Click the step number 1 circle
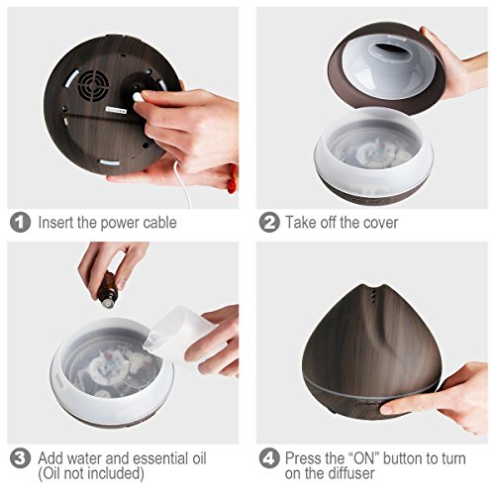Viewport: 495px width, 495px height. click(20, 222)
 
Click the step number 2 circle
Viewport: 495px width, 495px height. click(269, 222)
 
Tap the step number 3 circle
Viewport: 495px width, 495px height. click(20, 458)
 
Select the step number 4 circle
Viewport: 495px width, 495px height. click(269, 458)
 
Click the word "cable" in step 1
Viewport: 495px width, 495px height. click(159, 223)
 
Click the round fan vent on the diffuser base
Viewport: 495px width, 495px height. click(94, 85)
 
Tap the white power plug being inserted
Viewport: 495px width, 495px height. click(137, 97)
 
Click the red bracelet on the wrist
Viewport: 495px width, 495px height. click(233, 180)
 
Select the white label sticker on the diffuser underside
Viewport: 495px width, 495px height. click(116, 110)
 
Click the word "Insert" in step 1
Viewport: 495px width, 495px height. click(55, 222)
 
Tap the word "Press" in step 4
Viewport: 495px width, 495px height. click(303, 458)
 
